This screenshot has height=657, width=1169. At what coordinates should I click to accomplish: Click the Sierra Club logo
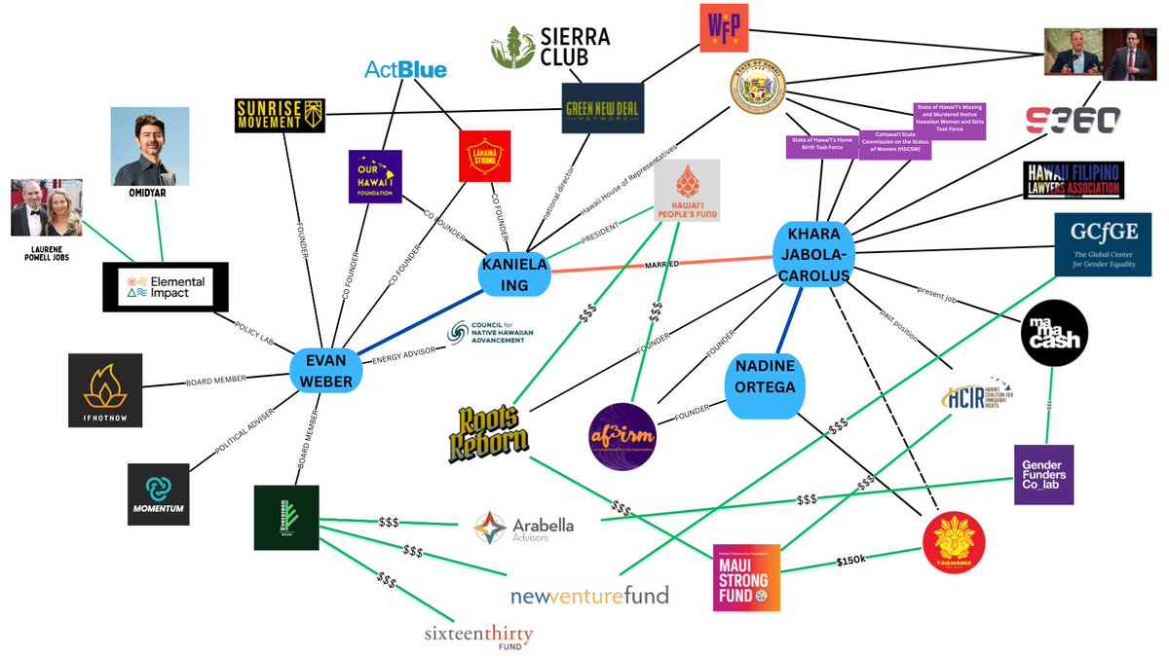tap(550, 48)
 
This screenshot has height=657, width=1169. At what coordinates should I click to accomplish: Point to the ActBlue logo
tap(405, 70)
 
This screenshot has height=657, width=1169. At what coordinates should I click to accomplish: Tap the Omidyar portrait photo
tap(150, 147)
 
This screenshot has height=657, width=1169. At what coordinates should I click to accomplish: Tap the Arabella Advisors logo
tap(523, 527)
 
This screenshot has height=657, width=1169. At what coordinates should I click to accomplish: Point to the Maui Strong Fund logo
tap(747, 576)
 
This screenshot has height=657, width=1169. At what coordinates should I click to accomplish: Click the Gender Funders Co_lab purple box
tap(1043, 474)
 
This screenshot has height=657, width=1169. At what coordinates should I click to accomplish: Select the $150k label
tap(852, 561)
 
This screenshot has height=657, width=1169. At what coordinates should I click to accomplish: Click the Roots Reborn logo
tap(488, 429)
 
